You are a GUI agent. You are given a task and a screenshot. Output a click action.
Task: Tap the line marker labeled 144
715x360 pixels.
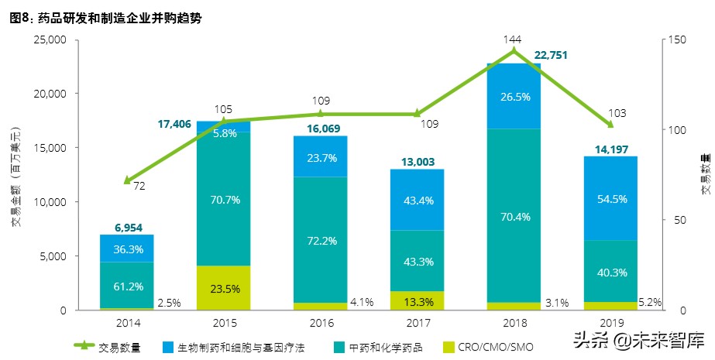[514, 51]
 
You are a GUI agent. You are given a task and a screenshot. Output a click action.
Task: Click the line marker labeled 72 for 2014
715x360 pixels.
[125, 180]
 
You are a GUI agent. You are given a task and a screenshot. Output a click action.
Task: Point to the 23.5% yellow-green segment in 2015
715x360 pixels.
[223, 287]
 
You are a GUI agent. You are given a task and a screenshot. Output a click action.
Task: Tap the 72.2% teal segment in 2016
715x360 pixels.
[320, 240]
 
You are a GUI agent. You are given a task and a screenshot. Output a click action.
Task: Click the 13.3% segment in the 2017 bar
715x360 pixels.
[417, 301]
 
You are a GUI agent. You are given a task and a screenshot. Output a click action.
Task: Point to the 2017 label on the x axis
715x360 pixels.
[417, 322]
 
